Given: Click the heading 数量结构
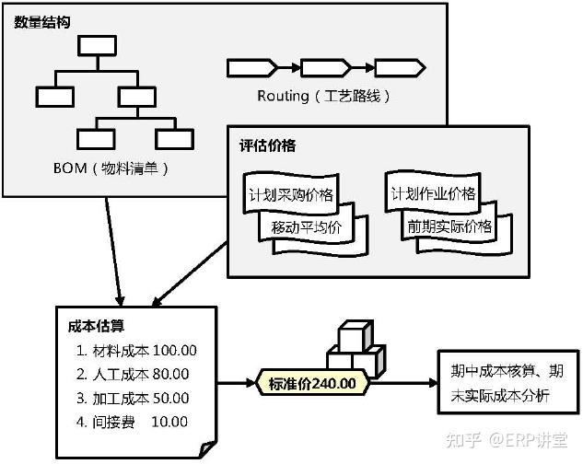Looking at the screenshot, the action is tap(42, 22).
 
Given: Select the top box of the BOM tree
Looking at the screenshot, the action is tap(97, 46).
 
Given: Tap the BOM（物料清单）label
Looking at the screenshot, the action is tap(111, 168).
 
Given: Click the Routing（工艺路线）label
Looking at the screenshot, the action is tap(323, 97).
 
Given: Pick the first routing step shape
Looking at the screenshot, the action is tap(251, 68).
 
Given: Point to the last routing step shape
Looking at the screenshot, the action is tap(400, 68).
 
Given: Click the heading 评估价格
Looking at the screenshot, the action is tap(268, 145).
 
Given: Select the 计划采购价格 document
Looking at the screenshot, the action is tap(291, 193).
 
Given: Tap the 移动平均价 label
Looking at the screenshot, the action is tap(307, 226).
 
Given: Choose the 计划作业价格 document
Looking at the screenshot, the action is tap(433, 192).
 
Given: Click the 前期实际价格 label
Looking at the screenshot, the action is tap(449, 226).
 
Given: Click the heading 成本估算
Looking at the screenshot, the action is tap(96, 326).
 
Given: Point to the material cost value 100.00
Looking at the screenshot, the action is tap(175, 350).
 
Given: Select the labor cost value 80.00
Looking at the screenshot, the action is tap(170, 374).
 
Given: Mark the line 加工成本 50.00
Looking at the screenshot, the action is tap(133, 399).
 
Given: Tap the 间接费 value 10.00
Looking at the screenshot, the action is tap(169, 422).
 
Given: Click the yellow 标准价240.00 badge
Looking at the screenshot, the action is tap(312, 383).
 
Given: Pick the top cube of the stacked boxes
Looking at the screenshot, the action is tap(356, 335).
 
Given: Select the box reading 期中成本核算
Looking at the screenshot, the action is tap(508, 382).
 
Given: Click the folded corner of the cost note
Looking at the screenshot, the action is tap(207, 449).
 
